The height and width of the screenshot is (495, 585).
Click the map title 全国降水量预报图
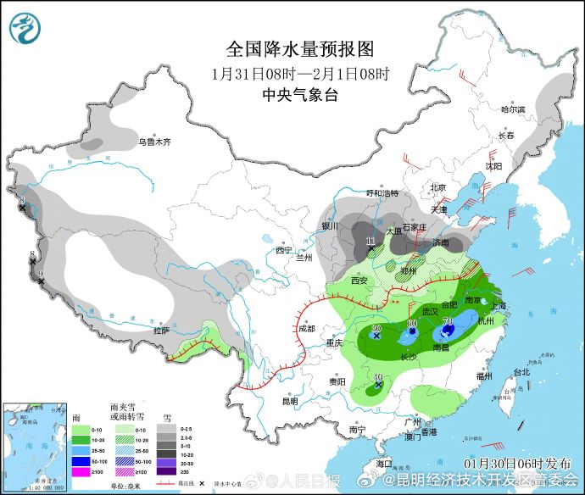[x=300, y=50]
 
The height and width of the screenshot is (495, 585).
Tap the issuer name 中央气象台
[x=300, y=95]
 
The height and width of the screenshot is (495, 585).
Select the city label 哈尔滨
[x=513, y=109]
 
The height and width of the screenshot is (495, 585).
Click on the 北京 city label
[x=437, y=187]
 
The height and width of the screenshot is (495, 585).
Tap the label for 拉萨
[x=161, y=331]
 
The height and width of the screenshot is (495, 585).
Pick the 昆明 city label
[x=290, y=401]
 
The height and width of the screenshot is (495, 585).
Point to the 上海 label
[x=498, y=306]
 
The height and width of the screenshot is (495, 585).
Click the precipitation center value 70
[x=447, y=320]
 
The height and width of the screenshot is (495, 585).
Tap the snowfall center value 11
[x=370, y=242]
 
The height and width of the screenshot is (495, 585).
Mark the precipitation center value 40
[x=377, y=378]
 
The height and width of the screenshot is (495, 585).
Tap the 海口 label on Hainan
[x=383, y=464]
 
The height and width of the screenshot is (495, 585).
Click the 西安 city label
[x=357, y=281]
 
